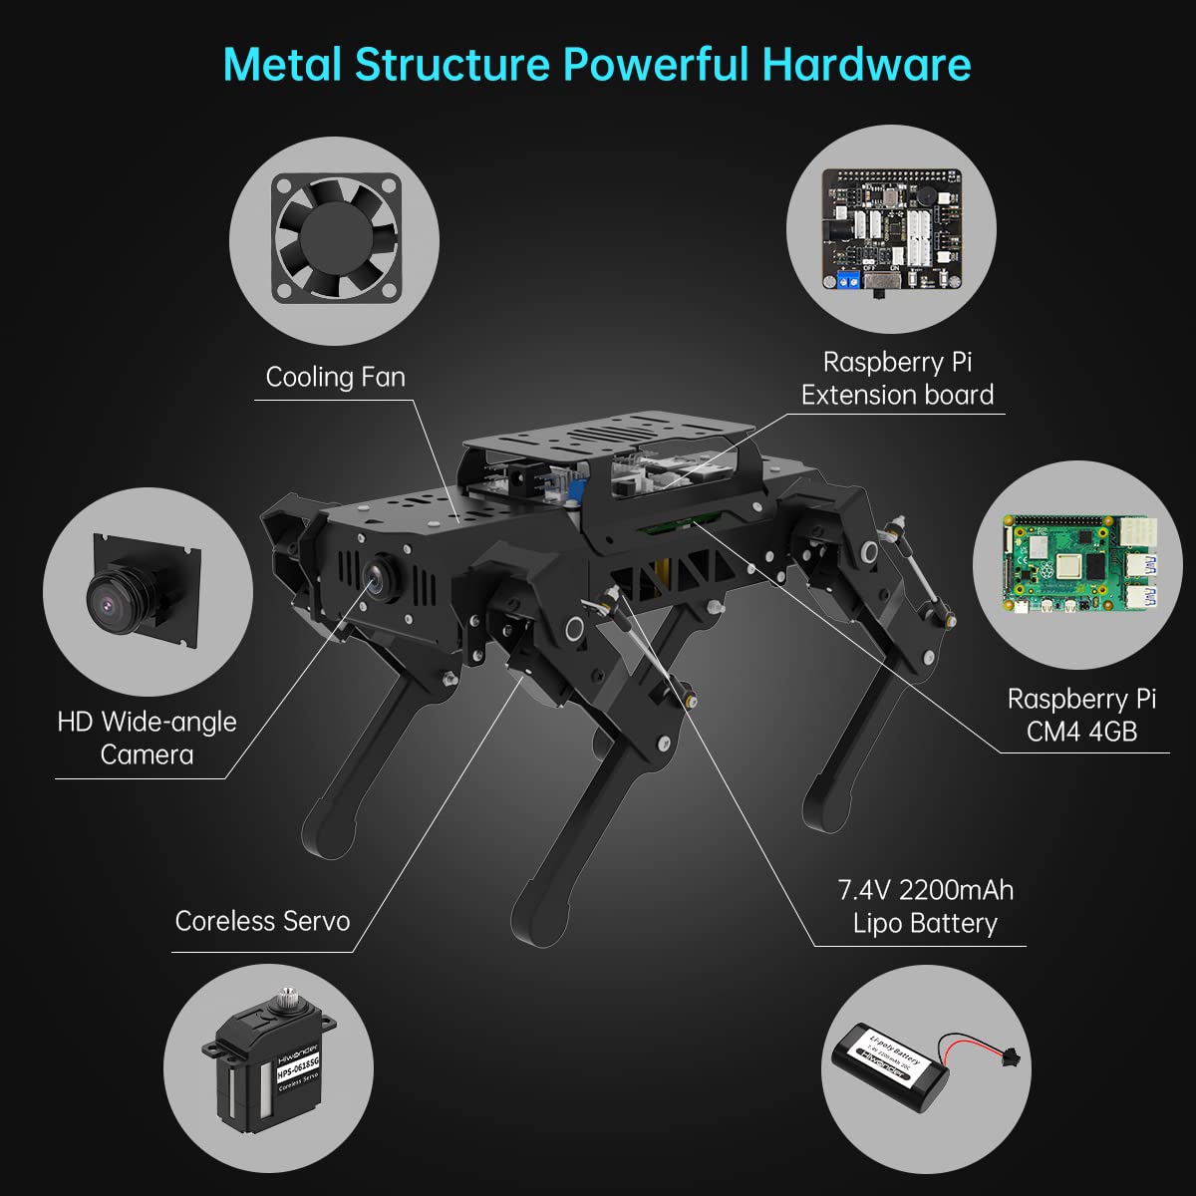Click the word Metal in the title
[283, 64]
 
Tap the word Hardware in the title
[866, 64]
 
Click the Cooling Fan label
[335, 377]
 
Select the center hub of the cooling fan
[336, 236]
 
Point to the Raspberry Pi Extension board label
[897, 379]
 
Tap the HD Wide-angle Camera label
[147, 738]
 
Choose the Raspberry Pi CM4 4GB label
[1081, 715]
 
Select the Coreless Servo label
[262, 920]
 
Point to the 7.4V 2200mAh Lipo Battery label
[925, 906]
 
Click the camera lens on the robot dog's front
[378, 573]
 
